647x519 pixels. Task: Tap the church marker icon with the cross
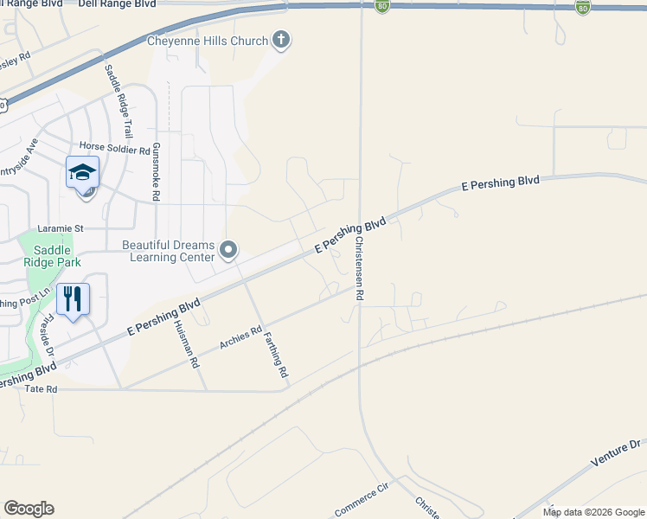280,39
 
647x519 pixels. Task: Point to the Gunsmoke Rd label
156,172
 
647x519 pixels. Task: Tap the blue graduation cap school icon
82,172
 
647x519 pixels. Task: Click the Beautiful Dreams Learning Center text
168,251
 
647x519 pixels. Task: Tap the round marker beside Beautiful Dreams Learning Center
228,251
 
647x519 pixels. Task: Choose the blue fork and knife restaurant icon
74,299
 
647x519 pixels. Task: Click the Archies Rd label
240,337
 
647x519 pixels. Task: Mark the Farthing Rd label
275,356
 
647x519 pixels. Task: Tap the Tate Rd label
41,390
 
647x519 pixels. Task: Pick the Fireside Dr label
48,335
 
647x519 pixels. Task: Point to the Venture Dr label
615,453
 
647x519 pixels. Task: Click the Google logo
29,509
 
